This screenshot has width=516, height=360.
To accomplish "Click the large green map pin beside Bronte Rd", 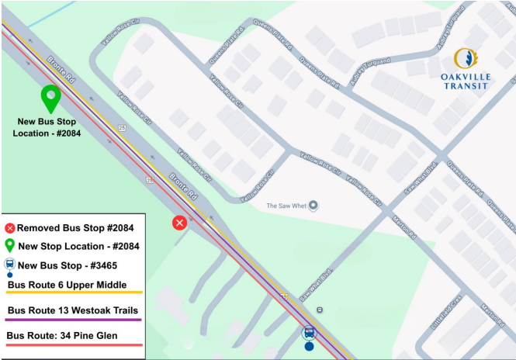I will click(51, 99).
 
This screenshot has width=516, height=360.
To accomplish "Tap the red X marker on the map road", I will click(179, 223).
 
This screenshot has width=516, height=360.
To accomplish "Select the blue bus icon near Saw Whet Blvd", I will click(309, 334).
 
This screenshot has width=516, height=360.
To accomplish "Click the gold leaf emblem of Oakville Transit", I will click(465, 58).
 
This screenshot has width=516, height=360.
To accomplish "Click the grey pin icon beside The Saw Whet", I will click(313, 206).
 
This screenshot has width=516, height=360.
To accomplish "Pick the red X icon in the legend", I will click(10, 228).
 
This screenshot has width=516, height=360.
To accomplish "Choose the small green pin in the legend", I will click(10, 246).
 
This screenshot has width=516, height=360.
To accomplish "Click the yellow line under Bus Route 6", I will click(74, 293).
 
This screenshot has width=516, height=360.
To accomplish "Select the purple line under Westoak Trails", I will click(74, 319).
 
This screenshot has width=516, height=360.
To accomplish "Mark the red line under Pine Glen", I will click(74, 344).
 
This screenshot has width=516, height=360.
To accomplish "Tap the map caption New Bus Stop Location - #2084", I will click(47, 127).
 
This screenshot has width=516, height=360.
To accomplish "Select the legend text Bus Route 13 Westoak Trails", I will click(74, 310).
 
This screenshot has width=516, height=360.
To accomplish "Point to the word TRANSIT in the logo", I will click(465, 86).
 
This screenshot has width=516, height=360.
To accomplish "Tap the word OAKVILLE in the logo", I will click(465, 77).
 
